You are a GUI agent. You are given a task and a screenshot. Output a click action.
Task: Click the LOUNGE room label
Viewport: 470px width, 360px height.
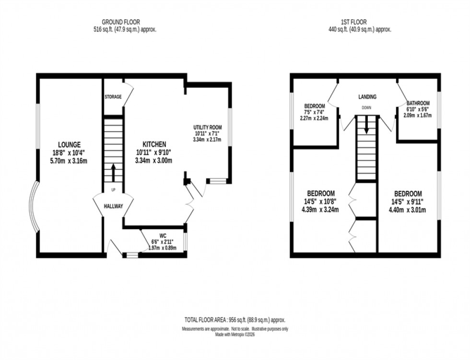[69, 144]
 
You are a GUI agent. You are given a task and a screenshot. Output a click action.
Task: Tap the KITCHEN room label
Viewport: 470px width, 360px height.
[154, 144]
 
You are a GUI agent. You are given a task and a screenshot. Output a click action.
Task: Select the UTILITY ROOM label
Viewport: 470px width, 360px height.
[207, 127]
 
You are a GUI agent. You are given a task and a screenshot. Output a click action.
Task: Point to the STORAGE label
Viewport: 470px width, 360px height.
[113, 97]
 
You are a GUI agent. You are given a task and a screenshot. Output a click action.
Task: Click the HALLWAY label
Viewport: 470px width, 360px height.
[113, 206]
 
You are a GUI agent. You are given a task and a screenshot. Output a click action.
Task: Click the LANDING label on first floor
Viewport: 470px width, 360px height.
[367, 97]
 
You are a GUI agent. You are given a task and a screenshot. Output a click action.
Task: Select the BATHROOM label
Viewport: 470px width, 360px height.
[418, 103]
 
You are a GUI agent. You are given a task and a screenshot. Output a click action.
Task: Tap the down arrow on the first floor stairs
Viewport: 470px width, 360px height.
[367, 126]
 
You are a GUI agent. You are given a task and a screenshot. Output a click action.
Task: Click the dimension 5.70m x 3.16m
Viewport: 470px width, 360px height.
[69, 161]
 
